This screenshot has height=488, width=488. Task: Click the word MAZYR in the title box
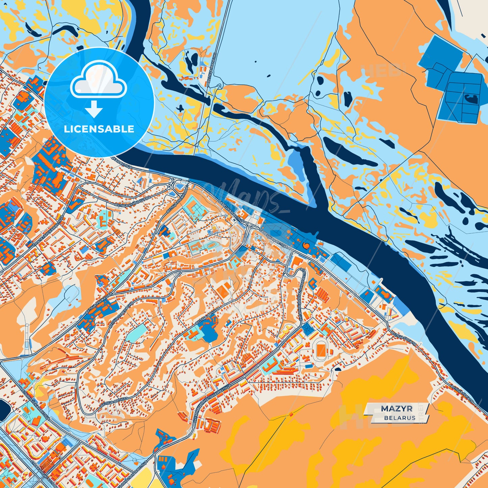(x=396, y=409)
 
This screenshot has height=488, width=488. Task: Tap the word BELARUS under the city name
(x=400, y=418)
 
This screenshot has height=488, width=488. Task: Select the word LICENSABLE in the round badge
(x=99, y=129)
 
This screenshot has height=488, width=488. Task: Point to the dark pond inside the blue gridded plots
(x=471, y=99)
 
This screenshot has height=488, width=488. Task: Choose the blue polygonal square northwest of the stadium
(x=308, y=328)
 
